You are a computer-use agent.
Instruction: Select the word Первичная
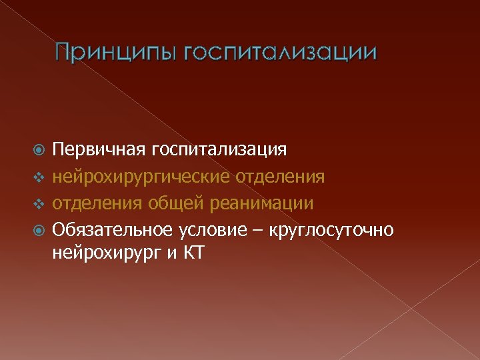click(x=99, y=150)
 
